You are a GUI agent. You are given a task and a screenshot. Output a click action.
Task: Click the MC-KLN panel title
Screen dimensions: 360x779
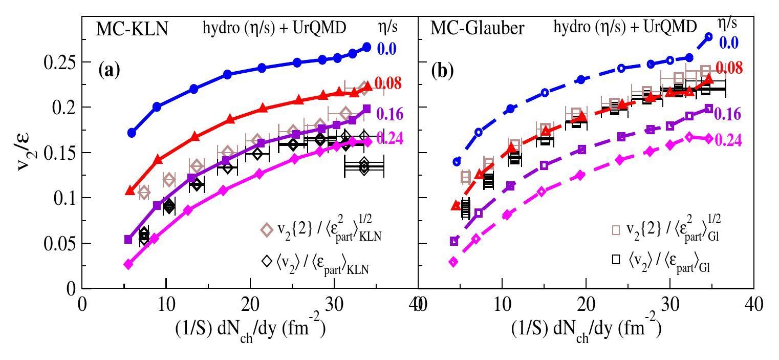[133, 29]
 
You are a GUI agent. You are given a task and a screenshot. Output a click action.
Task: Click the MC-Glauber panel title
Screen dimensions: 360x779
[477, 28]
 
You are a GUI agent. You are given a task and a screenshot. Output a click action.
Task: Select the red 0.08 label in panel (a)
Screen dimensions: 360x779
[388, 83]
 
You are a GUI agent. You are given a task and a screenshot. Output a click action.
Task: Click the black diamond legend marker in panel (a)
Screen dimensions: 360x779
[267, 261]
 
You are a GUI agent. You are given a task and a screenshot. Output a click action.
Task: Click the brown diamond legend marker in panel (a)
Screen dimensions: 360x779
[267, 229]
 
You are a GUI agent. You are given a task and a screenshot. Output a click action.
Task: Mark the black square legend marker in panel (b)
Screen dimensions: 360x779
[616, 259]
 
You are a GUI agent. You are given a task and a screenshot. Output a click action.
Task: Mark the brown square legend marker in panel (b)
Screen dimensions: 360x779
[616, 230]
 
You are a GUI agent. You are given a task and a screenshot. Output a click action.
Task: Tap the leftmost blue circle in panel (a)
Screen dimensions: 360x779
[132, 133]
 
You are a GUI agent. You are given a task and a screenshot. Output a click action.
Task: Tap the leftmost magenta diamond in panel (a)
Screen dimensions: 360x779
[128, 264]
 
